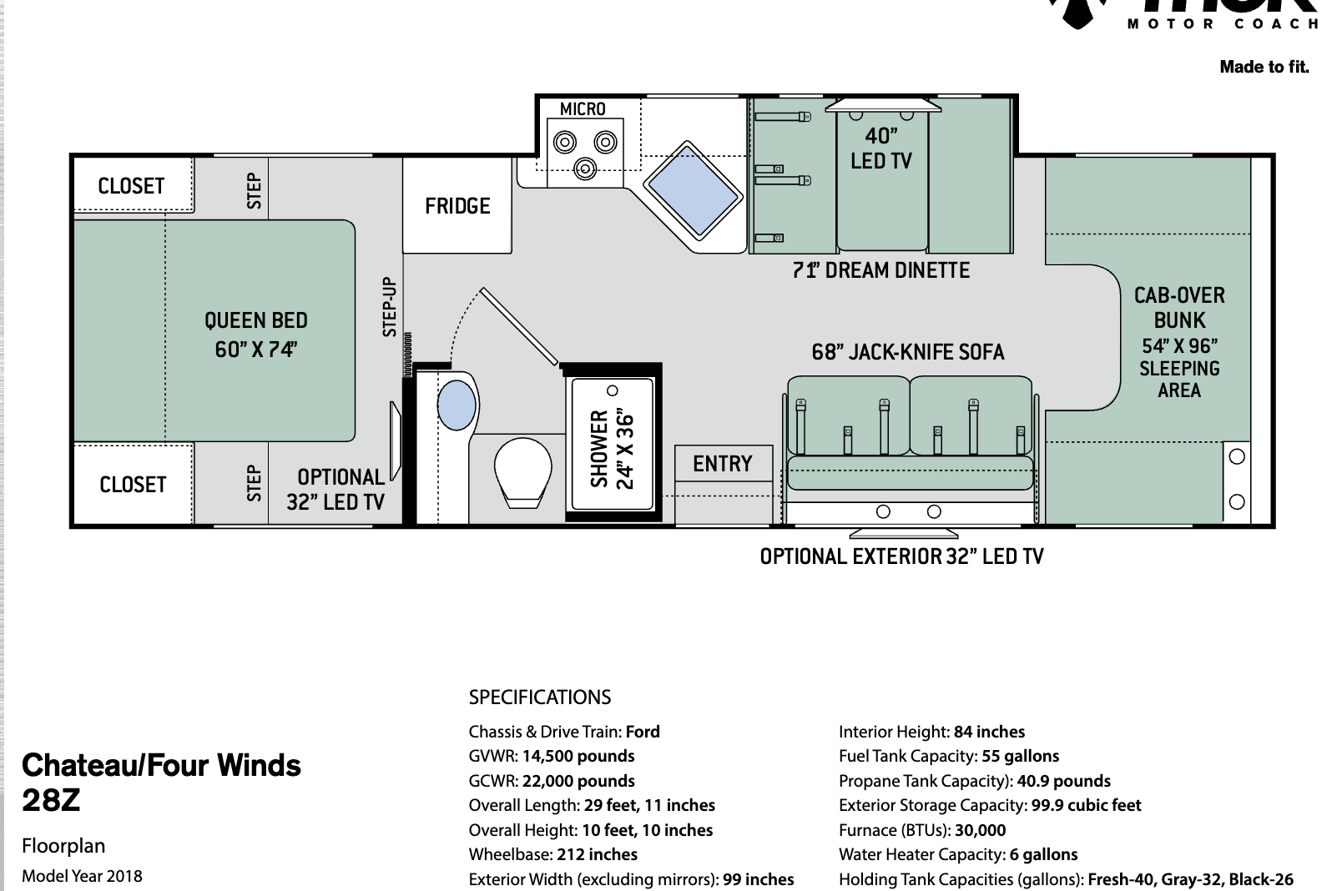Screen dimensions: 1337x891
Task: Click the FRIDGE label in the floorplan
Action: (x=457, y=206)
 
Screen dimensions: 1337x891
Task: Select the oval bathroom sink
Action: (x=457, y=405)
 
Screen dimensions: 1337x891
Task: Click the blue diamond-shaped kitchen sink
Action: (x=693, y=189)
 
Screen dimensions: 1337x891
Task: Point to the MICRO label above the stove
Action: (x=583, y=109)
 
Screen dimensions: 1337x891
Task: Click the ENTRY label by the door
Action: (x=722, y=464)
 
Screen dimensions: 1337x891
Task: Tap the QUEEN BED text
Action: (x=256, y=320)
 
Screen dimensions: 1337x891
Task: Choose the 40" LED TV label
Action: (x=881, y=148)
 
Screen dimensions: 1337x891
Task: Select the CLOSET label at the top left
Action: (x=131, y=185)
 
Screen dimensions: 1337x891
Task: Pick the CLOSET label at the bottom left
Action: (x=133, y=484)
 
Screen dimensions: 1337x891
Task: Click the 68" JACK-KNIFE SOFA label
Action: (x=908, y=352)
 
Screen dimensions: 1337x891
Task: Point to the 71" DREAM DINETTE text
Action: (x=881, y=270)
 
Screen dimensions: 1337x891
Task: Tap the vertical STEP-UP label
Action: (x=389, y=307)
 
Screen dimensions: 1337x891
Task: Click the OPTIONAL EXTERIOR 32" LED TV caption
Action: (x=902, y=556)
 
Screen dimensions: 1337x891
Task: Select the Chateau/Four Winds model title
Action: (x=161, y=766)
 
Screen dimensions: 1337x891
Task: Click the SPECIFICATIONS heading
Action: (x=540, y=697)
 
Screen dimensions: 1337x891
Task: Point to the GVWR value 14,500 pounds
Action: (x=578, y=756)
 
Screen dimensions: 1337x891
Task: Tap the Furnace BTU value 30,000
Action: (x=980, y=830)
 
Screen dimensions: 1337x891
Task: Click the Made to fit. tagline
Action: (x=1264, y=67)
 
